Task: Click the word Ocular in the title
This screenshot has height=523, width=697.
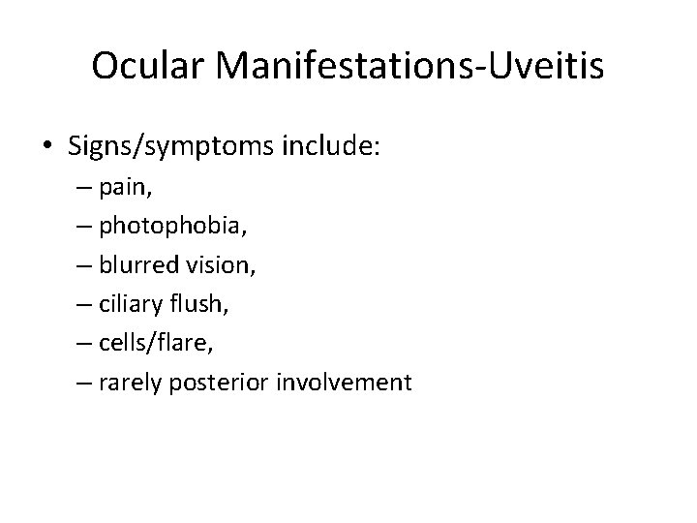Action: point(151,66)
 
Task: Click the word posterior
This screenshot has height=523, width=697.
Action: point(225,383)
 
